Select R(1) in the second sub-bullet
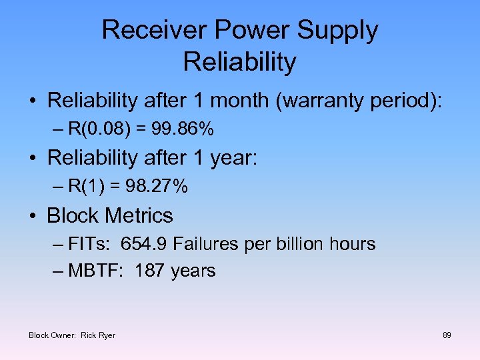coord(83,187)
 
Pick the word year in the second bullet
coord(234,158)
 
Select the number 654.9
coord(144,244)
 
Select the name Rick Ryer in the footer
coord(98,335)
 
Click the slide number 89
coord(447,335)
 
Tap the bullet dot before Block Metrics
coord(32,217)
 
